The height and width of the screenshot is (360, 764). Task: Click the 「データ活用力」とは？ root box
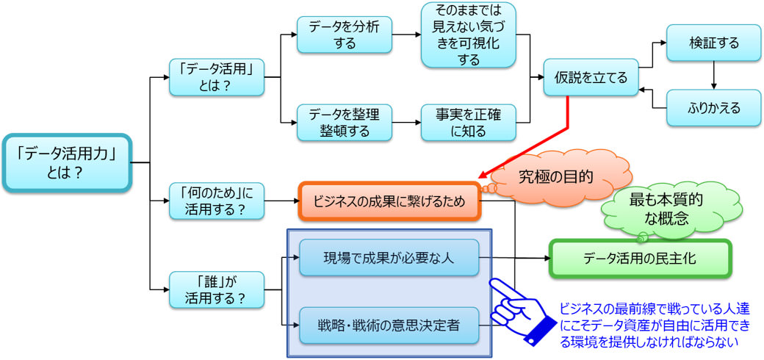[67, 163]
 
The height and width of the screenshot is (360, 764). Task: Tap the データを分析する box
[343, 35]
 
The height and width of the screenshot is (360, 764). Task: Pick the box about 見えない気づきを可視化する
[468, 35]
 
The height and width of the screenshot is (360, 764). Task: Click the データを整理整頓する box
[343, 122]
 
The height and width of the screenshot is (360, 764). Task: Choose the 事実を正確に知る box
[468, 122]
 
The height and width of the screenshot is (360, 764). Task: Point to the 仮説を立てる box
[591, 77]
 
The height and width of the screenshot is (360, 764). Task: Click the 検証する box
[713, 43]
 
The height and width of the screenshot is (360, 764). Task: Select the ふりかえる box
[713, 108]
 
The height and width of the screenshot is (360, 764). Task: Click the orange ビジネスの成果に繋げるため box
[389, 201]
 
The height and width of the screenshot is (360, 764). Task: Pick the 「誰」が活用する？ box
[216, 289]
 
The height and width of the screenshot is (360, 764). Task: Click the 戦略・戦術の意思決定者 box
[389, 325]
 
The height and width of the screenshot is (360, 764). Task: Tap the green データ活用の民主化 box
[640, 258]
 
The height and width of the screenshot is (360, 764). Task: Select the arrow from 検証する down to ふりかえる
[713, 76]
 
